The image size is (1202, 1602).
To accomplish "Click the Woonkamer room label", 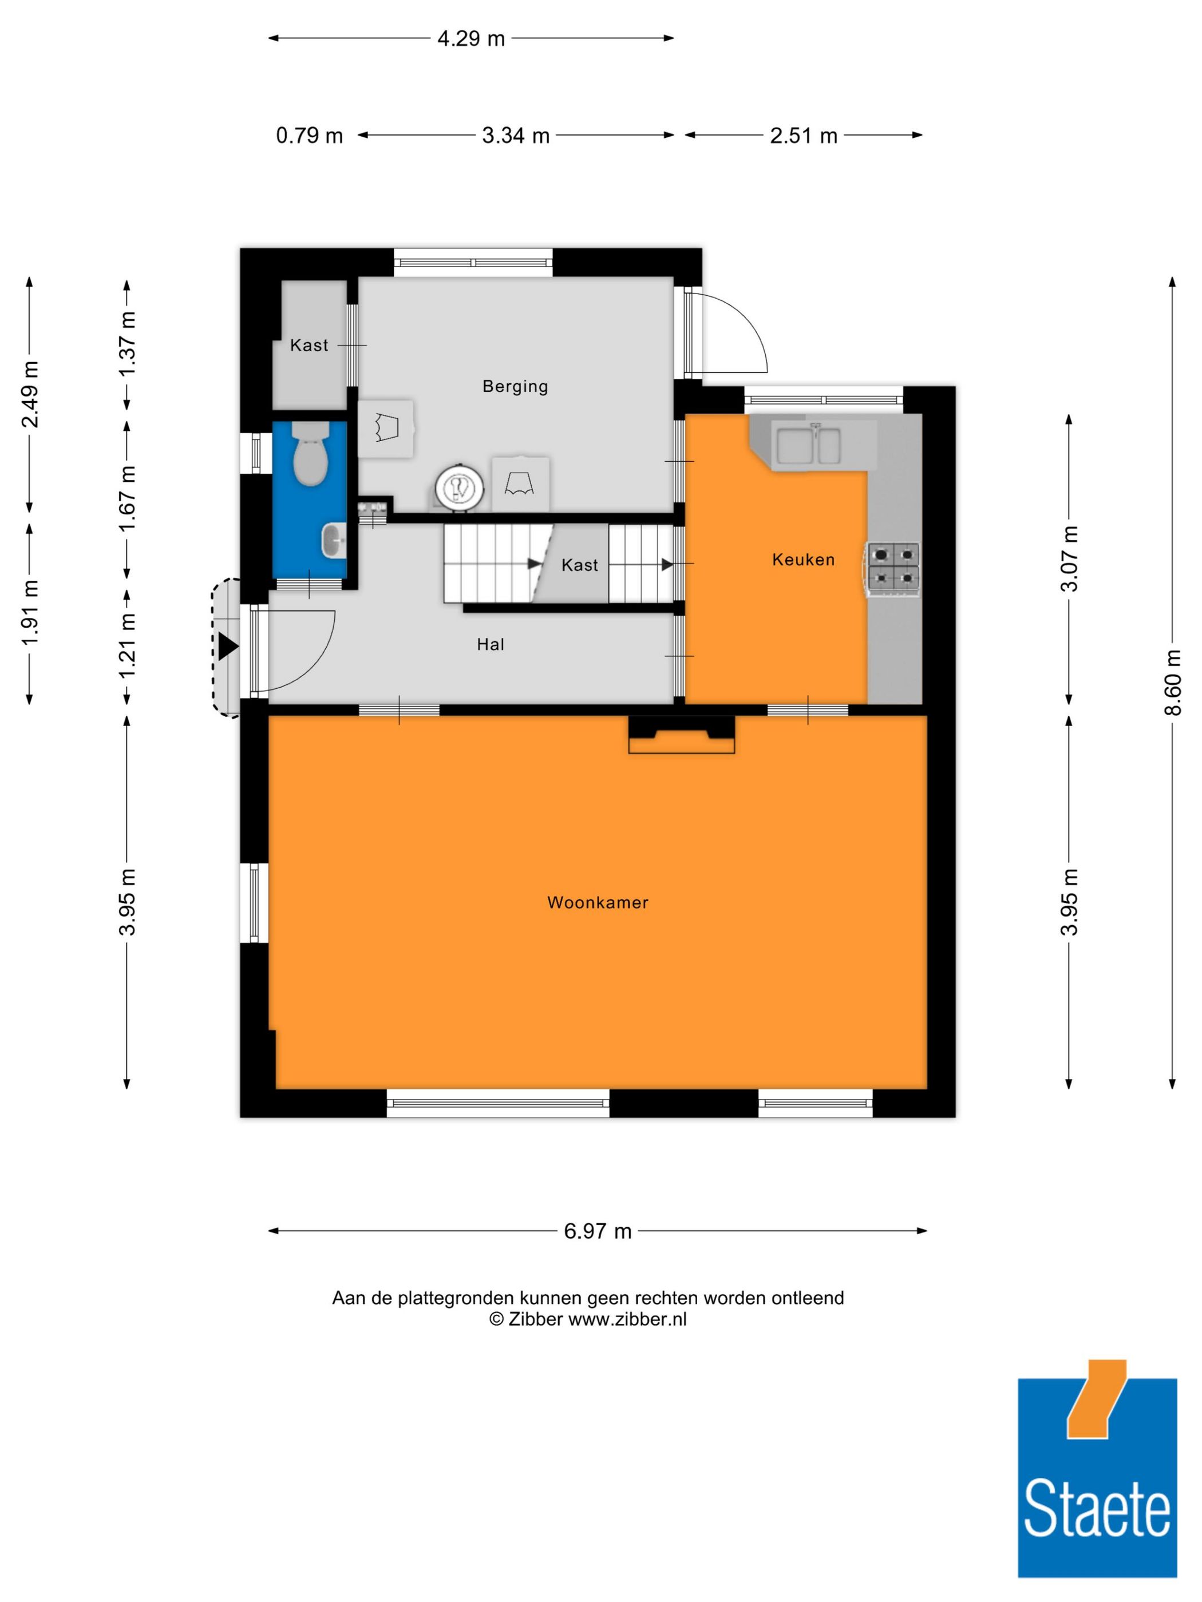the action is [597, 902].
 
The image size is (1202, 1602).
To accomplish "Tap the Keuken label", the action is [803, 559].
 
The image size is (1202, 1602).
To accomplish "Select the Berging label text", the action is [515, 386].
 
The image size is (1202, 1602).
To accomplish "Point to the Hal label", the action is [491, 645].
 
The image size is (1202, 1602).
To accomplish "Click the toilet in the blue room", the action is [310, 454].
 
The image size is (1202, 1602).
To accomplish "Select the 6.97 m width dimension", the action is [598, 1231].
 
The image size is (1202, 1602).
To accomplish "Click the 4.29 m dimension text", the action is [471, 38].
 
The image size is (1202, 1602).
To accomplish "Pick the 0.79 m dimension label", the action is [310, 136].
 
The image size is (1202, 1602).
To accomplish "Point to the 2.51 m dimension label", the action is [804, 136].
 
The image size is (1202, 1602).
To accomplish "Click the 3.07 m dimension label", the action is [1069, 559].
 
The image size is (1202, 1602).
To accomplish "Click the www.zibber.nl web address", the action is [627, 1319].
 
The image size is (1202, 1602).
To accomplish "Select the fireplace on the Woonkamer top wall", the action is [681, 735].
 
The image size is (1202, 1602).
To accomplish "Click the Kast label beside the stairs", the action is [580, 565].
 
